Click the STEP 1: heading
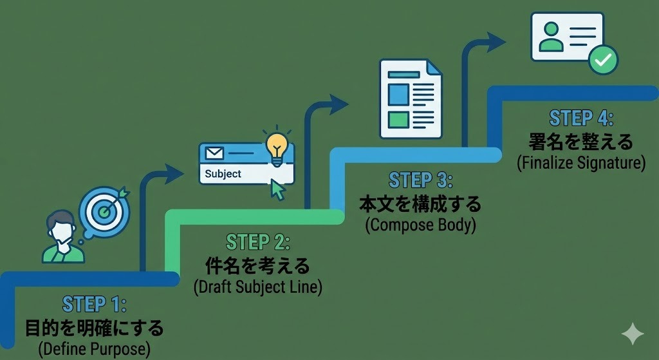pos(95,305)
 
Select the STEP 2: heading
pos(258,242)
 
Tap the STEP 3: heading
pos(421,180)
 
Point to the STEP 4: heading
pos(581,118)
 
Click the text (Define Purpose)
pos(95,349)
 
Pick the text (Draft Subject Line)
pos(257,287)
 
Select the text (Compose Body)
pos(420,225)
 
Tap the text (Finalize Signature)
pos(581,163)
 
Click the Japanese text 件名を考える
pos(257,265)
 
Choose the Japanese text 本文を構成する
pos(420,204)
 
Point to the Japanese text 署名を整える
pos(581,141)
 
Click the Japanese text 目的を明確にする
pos(95,328)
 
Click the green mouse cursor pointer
pos(277,189)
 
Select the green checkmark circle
pos(603,60)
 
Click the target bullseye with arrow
pos(104,207)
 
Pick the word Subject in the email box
pos(223,174)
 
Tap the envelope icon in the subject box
pos(214,153)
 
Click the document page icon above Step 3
pos(409,98)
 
